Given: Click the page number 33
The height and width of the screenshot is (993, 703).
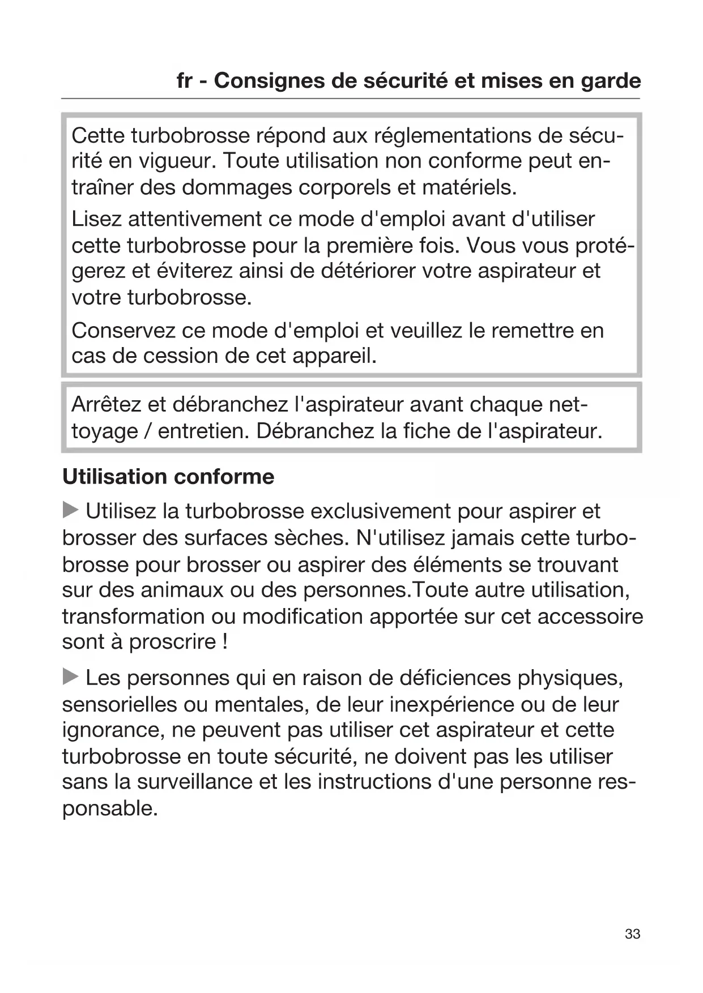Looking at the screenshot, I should (632, 934).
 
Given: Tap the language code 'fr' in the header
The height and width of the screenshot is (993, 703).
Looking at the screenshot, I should (184, 81).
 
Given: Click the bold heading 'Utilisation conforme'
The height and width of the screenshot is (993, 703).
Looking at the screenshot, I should (168, 477).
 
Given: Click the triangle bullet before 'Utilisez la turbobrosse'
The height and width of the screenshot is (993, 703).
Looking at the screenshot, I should (70, 510).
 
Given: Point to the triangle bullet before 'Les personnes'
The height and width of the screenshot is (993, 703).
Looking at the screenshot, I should (70, 677).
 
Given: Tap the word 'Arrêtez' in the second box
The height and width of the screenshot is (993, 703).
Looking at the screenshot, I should (106, 405).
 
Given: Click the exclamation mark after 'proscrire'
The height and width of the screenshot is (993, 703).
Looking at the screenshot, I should (225, 642).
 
